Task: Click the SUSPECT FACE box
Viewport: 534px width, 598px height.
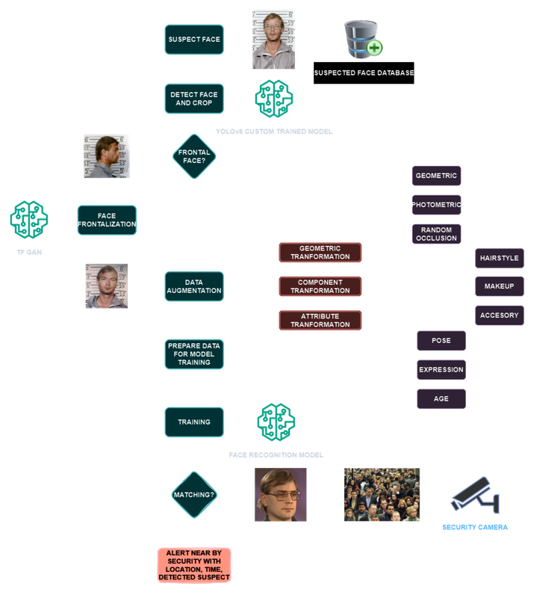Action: click(x=194, y=39)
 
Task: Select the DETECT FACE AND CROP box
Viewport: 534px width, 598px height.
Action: click(x=194, y=98)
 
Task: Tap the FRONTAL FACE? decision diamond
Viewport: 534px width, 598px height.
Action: click(x=194, y=155)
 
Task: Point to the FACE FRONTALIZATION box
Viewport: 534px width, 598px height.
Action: click(x=107, y=220)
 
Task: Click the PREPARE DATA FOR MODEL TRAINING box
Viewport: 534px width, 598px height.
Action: click(x=194, y=354)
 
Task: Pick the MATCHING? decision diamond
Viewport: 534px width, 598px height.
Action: click(x=194, y=495)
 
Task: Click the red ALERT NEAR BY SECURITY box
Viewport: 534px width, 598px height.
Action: click(x=194, y=566)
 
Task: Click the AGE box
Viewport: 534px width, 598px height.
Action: click(x=441, y=398)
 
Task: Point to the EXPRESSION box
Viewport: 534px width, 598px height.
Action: click(x=441, y=369)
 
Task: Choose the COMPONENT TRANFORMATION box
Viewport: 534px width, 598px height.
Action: click(x=320, y=286)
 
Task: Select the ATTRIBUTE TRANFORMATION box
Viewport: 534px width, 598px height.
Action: click(x=320, y=320)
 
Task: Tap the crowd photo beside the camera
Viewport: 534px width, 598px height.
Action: click(x=381, y=495)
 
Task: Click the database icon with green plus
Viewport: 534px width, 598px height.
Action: click(x=362, y=40)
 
